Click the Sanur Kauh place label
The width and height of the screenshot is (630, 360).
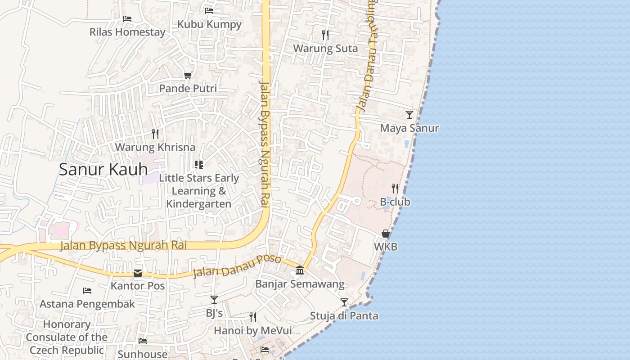pos(103,169)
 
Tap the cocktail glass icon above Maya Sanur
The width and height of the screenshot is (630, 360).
pos(409,115)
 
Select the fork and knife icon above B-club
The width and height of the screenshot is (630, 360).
pos(395,188)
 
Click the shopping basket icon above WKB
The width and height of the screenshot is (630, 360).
pos(386,234)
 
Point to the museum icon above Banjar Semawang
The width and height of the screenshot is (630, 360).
pos(300,270)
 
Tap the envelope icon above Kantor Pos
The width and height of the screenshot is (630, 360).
pos(138,273)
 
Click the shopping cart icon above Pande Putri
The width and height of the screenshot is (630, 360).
pos(188,76)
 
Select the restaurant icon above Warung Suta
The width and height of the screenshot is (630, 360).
pos(325,35)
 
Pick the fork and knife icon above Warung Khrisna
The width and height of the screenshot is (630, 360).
pos(155,134)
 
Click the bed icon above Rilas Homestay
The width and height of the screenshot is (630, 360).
pos(127,19)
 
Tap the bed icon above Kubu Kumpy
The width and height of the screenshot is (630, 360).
pos(209,11)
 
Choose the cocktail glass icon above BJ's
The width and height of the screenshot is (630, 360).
pos(214,300)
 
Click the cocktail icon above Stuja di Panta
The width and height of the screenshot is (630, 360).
pos(344,302)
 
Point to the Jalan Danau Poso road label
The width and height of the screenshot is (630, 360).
pos(237,266)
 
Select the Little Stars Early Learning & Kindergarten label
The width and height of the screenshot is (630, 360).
pos(199,191)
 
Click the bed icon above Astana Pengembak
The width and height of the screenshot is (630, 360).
pos(87,291)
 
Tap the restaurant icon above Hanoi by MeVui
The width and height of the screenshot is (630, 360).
pos(253,317)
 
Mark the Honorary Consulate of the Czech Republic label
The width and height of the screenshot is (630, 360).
pos(67,337)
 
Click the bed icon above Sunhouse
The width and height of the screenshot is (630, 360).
pos(143,341)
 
